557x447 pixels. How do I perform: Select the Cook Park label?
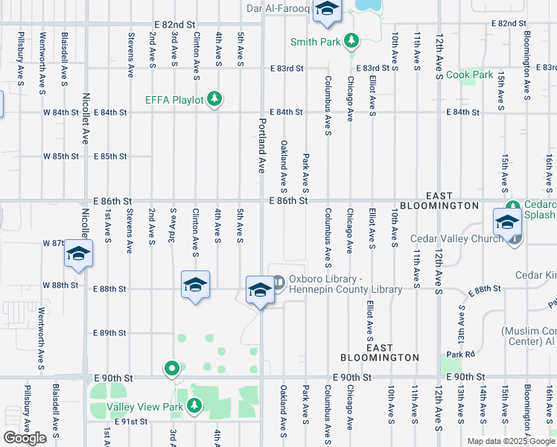pos(469,75)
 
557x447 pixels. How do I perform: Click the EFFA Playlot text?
pos(174,100)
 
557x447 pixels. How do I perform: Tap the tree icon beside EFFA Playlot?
pos(214,99)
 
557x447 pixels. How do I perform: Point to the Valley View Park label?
pos(144,407)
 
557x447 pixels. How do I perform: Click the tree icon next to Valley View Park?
pos(194,406)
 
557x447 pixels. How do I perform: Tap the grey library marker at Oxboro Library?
pos(278,282)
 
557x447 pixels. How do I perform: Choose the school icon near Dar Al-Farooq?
pos(325,10)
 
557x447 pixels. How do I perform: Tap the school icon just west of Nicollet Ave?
pos(78,254)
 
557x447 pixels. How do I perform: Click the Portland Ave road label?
pos(261,145)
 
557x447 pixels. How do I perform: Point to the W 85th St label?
pos(61,156)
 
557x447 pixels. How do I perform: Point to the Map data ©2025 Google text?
pos(510,441)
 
